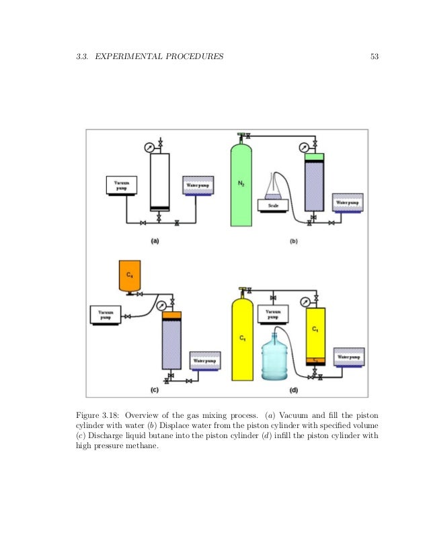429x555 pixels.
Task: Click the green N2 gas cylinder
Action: (x=241, y=185)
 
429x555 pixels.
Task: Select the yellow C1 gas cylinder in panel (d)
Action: (x=242, y=339)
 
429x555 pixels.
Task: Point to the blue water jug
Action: (x=276, y=357)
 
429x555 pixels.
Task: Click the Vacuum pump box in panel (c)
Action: (x=106, y=314)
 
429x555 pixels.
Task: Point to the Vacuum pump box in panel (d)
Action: (x=273, y=314)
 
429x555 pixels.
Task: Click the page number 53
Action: (x=375, y=56)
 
